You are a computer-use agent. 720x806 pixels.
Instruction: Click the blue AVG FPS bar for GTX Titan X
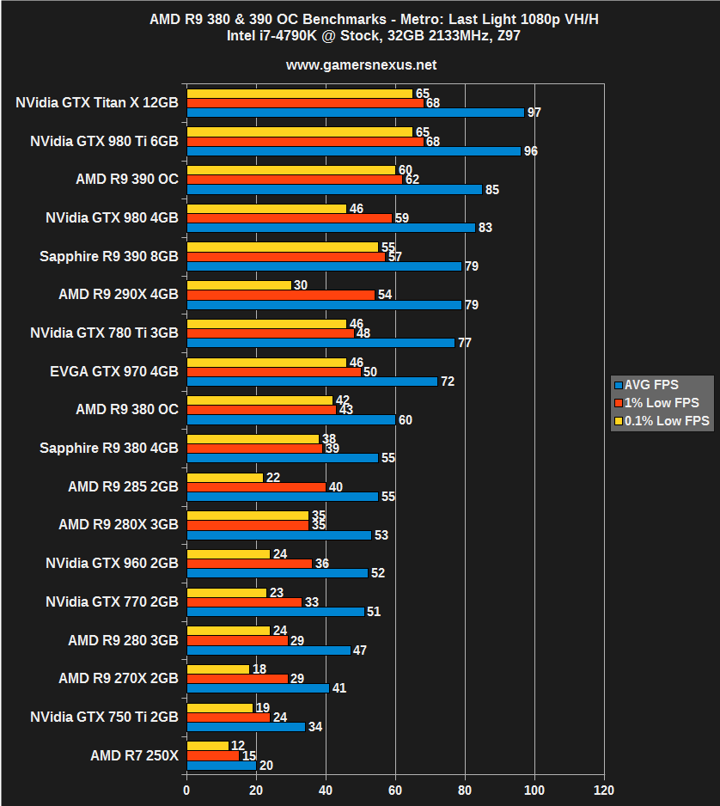pyautogui.click(x=355, y=113)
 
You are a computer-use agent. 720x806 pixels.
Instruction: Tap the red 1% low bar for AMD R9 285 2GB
pyautogui.click(x=256, y=487)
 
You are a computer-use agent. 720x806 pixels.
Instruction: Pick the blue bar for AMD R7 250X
pyautogui.click(x=221, y=766)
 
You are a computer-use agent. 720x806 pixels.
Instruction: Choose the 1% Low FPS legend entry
pyautogui.click(x=662, y=402)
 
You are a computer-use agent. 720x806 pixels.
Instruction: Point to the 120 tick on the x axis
pyautogui.click(x=604, y=790)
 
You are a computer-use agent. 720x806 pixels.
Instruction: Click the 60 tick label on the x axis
pyautogui.click(x=395, y=790)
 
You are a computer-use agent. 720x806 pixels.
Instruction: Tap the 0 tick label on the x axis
pyautogui.click(x=186, y=790)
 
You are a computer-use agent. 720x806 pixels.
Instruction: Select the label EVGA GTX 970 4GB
pyautogui.click(x=114, y=371)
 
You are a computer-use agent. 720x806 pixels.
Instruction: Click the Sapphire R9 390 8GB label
pyautogui.click(x=109, y=256)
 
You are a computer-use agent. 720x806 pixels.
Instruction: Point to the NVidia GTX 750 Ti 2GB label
pyautogui.click(x=104, y=717)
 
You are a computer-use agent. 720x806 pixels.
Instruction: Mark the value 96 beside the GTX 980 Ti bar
pyautogui.click(x=530, y=151)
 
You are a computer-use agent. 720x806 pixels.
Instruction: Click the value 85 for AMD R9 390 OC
pyautogui.click(x=491, y=190)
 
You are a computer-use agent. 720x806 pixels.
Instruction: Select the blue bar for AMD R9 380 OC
pyautogui.click(x=290, y=419)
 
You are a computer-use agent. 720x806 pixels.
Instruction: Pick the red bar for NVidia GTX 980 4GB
pyautogui.click(x=289, y=218)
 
